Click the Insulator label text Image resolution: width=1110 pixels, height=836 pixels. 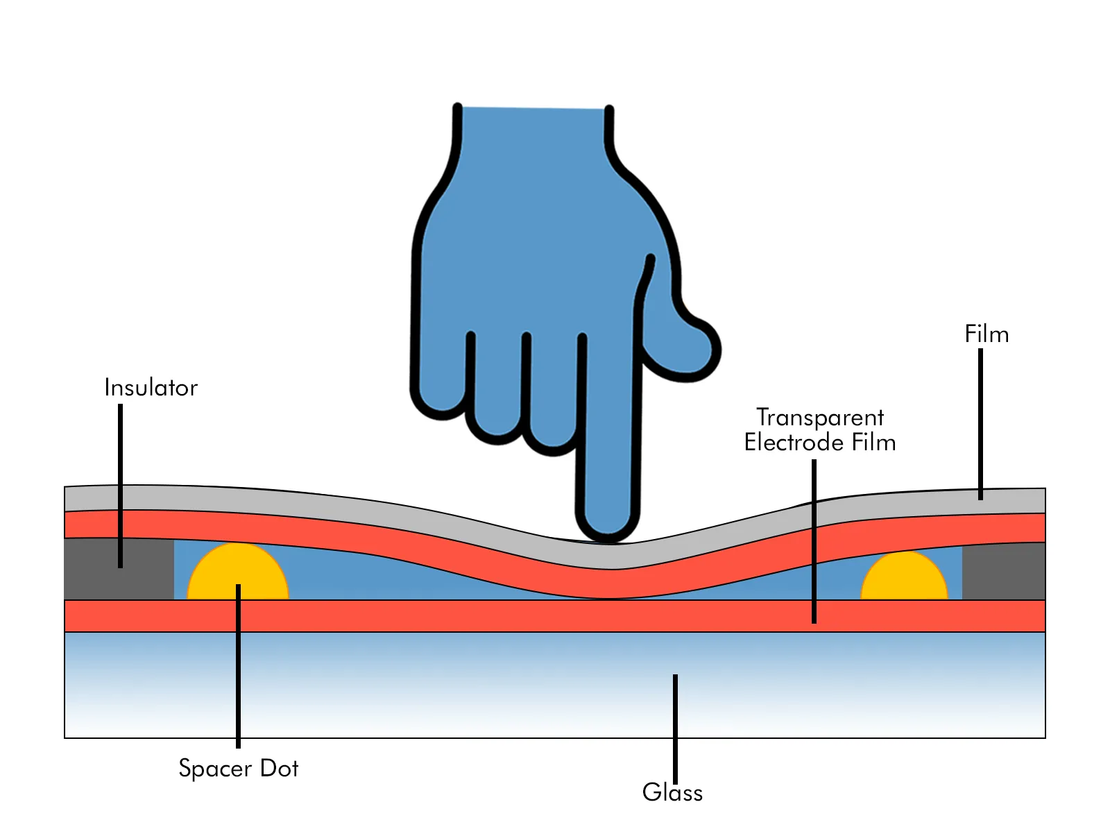pyautogui.click(x=151, y=387)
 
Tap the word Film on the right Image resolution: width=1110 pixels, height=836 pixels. pyautogui.click(x=986, y=334)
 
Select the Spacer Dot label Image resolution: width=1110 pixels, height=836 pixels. pyautogui.click(x=238, y=768)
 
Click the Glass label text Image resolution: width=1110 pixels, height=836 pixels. pyautogui.click(x=672, y=792)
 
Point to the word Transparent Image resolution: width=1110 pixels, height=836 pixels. pyautogui.click(x=819, y=418)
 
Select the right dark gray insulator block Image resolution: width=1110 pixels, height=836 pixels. pyautogui.click(x=1004, y=572)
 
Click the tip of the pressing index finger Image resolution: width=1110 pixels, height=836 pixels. pyautogui.click(x=607, y=524)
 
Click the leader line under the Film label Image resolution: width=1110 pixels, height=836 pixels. pyautogui.click(x=980, y=423)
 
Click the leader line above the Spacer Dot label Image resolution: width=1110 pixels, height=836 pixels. pyautogui.click(x=238, y=666)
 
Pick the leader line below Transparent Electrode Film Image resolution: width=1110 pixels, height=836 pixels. pyautogui.click(x=814, y=541)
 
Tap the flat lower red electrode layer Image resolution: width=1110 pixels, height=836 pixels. pyautogui.click(x=486, y=616)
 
